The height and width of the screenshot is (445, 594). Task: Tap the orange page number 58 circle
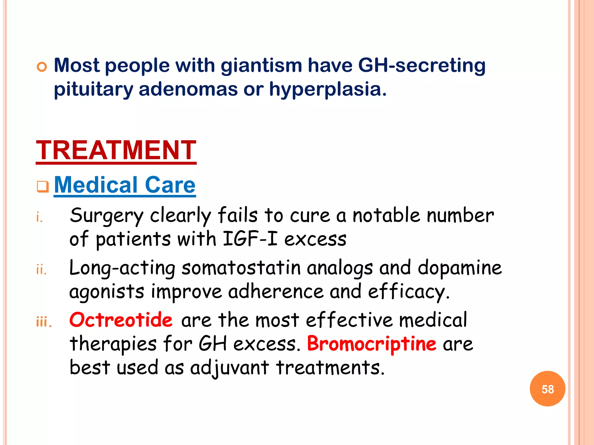(x=547, y=389)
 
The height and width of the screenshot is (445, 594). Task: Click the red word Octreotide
(x=121, y=320)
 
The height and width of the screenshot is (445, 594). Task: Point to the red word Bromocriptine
(x=372, y=344)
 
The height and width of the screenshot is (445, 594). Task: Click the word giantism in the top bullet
(x=261, y=65)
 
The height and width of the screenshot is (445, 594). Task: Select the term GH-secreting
(x=422, y=65)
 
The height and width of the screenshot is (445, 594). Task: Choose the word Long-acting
(x=122, y=268)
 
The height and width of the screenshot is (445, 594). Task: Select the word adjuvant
(x=229, y=368)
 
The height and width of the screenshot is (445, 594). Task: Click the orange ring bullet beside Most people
(x=42, y=67)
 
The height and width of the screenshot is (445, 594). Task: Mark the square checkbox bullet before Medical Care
(x=43, y=186)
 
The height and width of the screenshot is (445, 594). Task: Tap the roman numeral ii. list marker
(x=41, y=270)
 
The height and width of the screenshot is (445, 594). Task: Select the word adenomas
(x=188, y=89)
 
